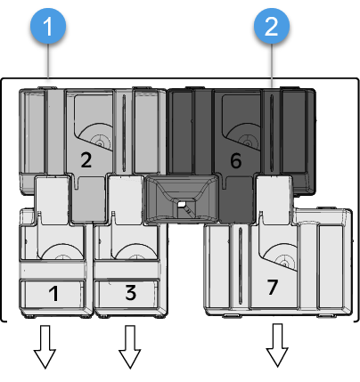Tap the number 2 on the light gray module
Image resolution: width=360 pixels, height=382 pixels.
pos(86,160)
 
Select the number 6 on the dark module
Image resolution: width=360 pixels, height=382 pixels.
pos(236,160)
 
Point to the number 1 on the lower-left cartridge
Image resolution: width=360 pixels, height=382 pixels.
pos(54,292)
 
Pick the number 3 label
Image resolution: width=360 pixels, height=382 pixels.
pos(130,292)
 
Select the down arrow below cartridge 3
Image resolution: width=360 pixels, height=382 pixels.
pos(130,347)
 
